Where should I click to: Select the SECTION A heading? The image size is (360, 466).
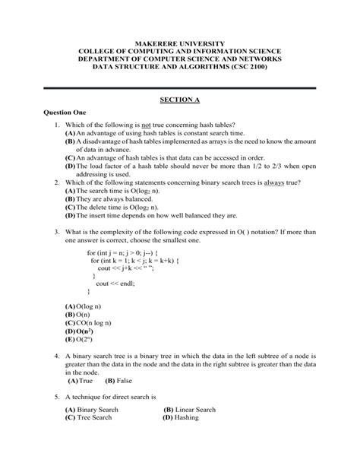coord(180,99)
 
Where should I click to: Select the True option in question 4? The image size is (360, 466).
coord(81,380)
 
